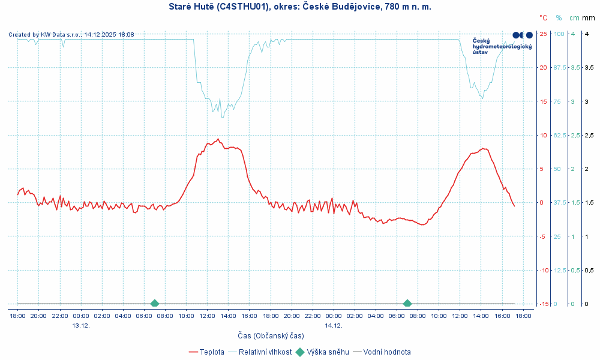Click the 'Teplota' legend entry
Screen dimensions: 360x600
pyautogui.click(x=212, y=352)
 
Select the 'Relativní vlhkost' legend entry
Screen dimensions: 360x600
pyautogui.click(x=265, y=352)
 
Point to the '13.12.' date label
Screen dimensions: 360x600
pyautogui.click(x=81, y=325)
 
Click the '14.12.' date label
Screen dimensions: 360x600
pyautogui.click(x=334, y=325)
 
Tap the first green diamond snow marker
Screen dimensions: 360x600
pyautogui.click(x=155, y=304)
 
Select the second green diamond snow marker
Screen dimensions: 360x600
pyautogui.click(x=407, y=304)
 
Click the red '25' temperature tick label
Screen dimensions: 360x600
pyautogui.click(x=543, y=34)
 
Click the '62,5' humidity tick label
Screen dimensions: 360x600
pyautogui.click(x=559, y=135)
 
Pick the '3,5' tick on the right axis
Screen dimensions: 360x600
pyautogui.click(x=573, y=67)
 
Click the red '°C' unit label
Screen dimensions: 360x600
pyautogui.click(x=543, y=18)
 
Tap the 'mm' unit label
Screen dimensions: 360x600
pyautogui.click(x=589, y=18)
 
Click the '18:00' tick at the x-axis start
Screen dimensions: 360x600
pyautogui.click(x=17, y=316)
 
